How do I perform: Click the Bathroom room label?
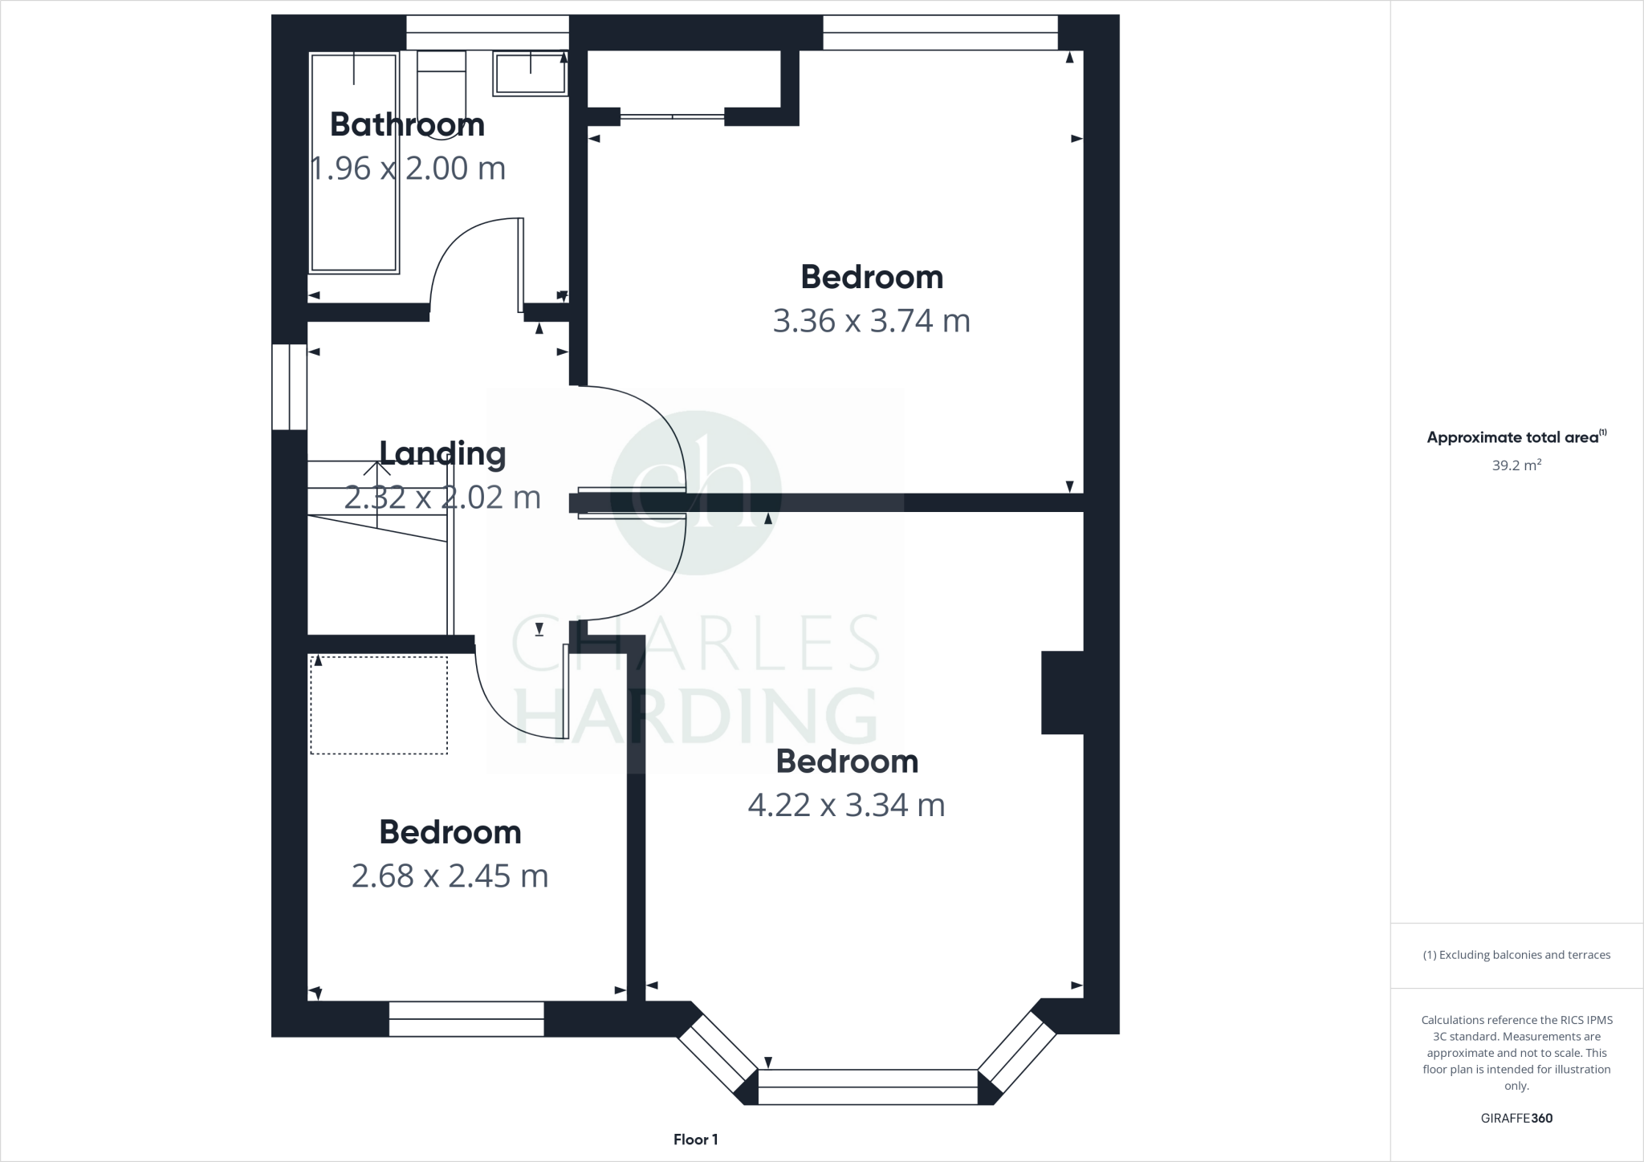coord(407,125)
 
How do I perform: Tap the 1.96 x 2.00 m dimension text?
coord(407,169)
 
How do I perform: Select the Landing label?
coord(442,453)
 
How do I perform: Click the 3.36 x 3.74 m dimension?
coord(871,321)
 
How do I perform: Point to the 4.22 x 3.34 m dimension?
coord(846,805)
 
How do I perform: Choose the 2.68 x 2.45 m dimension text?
coord(450,876)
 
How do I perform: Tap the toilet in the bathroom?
coord(442,92)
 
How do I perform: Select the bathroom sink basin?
coord(529,74)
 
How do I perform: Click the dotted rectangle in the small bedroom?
coord(379,705)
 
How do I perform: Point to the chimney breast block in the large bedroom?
coord(1062,692)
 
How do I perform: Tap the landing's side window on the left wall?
coord(289,387)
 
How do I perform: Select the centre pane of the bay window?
coord(868,1087)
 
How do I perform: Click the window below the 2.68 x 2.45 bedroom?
coord(466,1018)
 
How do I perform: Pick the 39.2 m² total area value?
coord(1516,465)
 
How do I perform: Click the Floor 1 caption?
coord(695,1140)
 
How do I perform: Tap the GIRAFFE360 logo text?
coord(1516,1118)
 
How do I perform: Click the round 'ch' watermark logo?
coord(696,492)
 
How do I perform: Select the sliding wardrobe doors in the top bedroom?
coord(673,117)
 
